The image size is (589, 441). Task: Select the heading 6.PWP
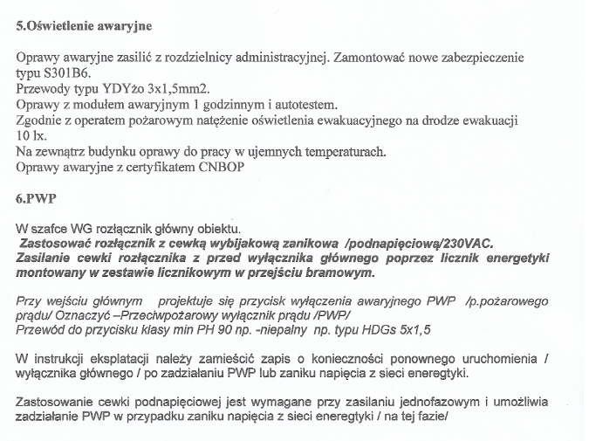click(35, 198)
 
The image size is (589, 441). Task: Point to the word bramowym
click(339, 272)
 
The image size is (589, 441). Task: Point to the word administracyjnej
click(272, 58)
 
